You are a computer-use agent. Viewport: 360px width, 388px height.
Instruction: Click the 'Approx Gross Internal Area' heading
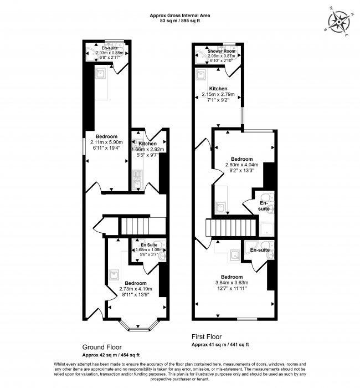point(180,16)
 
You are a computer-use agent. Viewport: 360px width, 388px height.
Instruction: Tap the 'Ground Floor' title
point(102,347)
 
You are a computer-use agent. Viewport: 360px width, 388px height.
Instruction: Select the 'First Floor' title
point(207,336)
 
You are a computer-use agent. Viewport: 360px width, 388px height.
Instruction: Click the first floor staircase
point(231,228)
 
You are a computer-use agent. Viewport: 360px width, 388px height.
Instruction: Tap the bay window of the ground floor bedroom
point(138,325)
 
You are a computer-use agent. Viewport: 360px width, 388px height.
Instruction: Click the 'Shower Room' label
point(222,51)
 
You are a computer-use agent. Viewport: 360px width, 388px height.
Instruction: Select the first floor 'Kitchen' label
point(218,89)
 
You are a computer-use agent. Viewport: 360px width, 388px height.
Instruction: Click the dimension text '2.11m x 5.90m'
point(106,142)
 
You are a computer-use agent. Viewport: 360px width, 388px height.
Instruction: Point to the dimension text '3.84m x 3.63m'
point(232,283)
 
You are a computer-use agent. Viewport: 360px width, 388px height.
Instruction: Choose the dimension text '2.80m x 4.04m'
point(242,165)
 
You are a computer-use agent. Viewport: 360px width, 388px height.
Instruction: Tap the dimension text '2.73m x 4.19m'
point(136,289)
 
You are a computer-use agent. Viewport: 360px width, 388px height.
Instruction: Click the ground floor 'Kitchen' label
point(148,144)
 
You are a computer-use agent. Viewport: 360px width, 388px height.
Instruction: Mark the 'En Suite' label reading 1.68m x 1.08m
point(149,245)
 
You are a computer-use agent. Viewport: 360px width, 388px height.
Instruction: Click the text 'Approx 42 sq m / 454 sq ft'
point(111,355)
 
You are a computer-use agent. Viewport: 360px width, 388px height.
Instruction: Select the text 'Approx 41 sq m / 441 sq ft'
point(220,344)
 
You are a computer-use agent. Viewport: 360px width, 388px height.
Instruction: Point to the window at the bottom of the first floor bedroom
point(247,319)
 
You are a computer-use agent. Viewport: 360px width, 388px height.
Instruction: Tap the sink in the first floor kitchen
point(201,74)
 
